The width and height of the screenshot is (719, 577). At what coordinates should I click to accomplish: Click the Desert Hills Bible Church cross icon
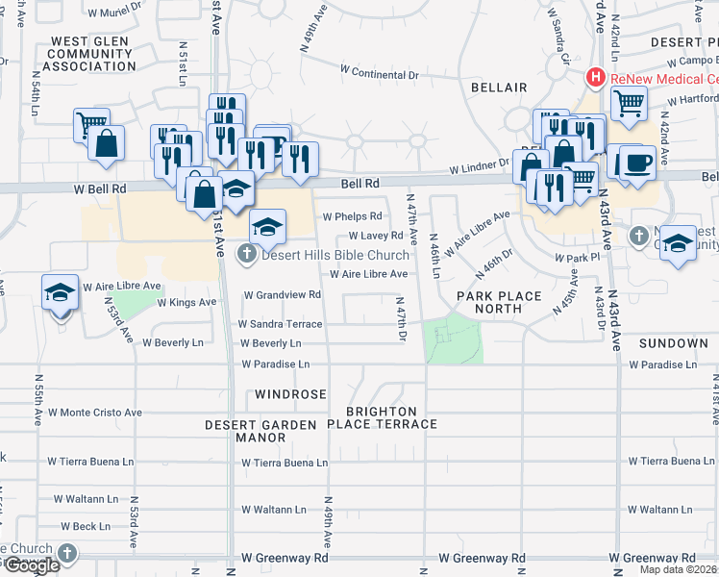click(246, 255)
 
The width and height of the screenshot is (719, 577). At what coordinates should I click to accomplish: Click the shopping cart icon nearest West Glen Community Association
click(89, 123)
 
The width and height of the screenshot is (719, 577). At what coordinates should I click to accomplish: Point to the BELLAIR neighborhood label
click(499, 88)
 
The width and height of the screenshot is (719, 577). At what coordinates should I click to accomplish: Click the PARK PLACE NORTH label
click(499, 302)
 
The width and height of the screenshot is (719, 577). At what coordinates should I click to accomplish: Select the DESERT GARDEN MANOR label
click(247, 431)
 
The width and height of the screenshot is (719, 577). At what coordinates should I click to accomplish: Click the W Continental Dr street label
click(381, 70)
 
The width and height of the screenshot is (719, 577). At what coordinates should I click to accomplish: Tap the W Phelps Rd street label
click(352, 216)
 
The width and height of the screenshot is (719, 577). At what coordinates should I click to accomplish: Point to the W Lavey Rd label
click(375, 236)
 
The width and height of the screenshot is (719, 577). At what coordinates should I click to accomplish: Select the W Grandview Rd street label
click(282, 294)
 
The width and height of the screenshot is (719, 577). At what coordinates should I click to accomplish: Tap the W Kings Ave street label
click(186, 302)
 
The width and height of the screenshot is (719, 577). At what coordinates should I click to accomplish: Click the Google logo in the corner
click(31, 565)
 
